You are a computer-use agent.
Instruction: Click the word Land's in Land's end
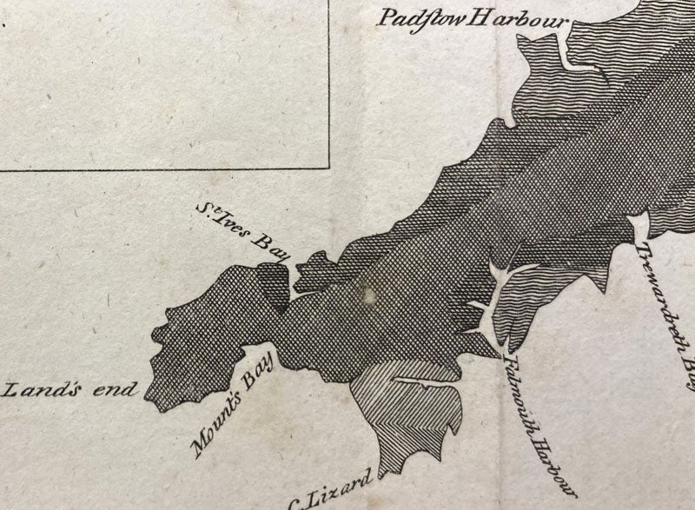(50, 387)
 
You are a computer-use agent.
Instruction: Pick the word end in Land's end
(117, 388)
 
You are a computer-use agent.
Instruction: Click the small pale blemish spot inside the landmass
(371, 295)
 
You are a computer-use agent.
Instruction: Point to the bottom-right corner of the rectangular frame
(329, 168)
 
